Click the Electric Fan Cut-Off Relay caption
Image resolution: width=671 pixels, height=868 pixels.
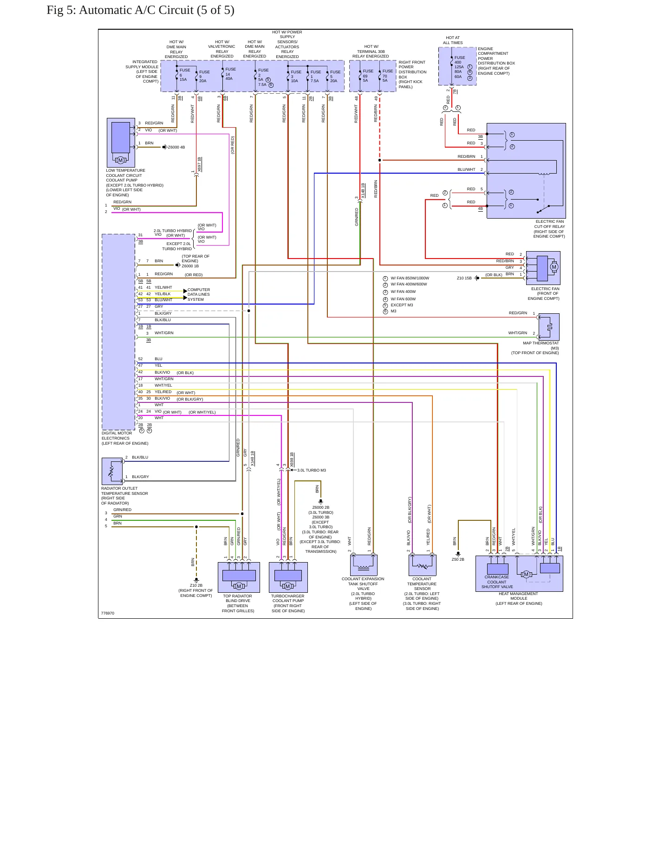549,229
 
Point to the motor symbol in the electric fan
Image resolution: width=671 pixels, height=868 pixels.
554,267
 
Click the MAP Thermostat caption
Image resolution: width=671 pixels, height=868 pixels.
541,348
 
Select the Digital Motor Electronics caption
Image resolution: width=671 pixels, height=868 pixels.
125,438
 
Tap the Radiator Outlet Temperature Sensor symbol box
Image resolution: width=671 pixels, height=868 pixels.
112,471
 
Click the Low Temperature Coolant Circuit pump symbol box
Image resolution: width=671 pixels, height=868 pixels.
121,143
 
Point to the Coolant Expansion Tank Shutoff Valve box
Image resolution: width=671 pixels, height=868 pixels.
364,565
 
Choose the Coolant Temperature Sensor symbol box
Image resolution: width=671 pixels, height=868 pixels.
422,565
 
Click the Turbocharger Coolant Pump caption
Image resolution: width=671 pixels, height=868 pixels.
288,603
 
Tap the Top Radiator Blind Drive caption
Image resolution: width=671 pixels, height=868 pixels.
238,603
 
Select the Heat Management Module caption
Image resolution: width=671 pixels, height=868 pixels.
519,598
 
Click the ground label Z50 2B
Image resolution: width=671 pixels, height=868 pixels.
458,559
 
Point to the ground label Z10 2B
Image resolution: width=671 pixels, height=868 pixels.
196,585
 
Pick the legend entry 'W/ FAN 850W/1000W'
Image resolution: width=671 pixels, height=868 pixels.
410,278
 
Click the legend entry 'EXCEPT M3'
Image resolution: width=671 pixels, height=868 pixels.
402,305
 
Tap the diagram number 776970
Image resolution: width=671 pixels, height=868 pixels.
108,613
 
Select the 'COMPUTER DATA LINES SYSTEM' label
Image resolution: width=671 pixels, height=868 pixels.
199,294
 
